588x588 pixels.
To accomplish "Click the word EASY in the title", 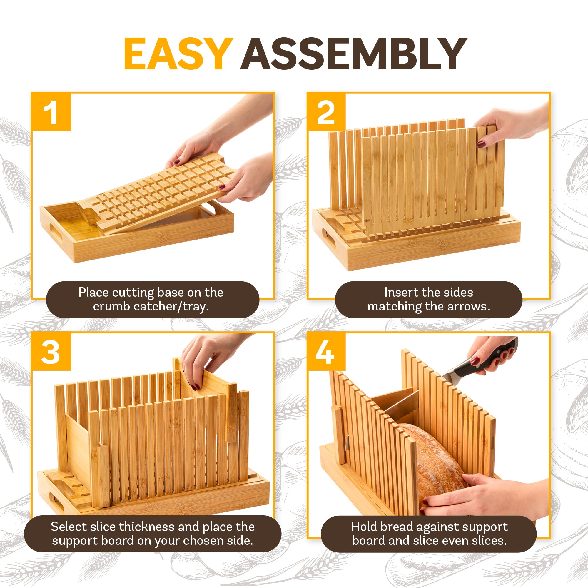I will point(178,54).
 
